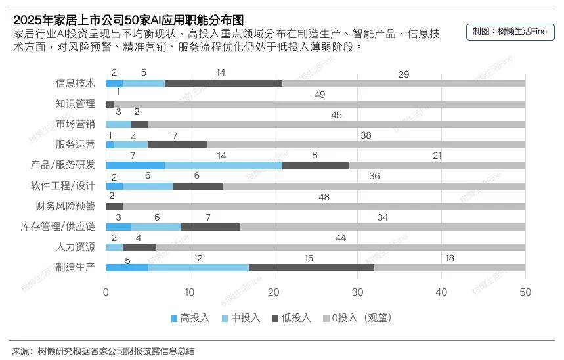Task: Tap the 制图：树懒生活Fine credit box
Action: tap(510, 32)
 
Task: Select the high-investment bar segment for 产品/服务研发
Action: tap(135, 165)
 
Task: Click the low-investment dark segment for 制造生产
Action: tap(311, 267)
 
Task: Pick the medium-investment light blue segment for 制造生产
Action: tap(198, 267)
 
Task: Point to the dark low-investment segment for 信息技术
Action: tap(223, 83)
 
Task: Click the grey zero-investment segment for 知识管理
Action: tap(320, 104)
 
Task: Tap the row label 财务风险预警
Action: tap(65, 206)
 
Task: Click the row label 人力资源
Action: tap(76, 247)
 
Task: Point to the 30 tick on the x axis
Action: tap(358, 292)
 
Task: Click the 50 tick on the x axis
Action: tap(525, 292)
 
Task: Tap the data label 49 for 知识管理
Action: tap(320, 95)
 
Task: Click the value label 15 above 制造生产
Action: tap(309, 258)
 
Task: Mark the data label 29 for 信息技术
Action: tap(404, 74)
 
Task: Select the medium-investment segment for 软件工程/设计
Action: tap(148, 186)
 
